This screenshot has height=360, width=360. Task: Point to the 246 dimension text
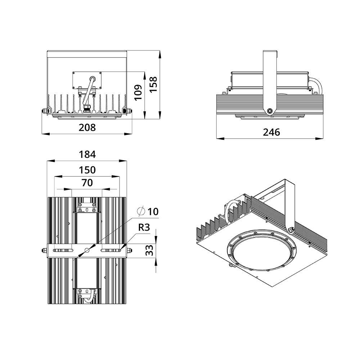(x=271, y=132)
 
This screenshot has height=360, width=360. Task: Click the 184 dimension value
(x=87, y=154)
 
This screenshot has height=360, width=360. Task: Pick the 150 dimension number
(x=87, y=170)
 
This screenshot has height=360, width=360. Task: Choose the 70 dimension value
(x=87, y=183)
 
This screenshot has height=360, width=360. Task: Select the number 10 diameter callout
(x=153, y=211)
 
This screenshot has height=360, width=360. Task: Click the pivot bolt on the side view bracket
(x=270, y=111)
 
